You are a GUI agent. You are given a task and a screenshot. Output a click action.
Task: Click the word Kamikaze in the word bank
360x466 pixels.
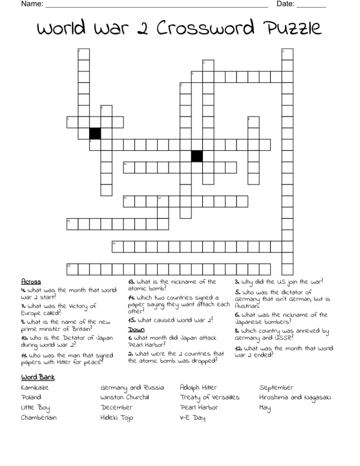coord(35,388)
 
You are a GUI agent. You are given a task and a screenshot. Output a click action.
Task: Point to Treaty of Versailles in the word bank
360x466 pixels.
coord(210,398)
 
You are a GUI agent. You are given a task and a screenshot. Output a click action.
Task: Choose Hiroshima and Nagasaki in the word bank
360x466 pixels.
coord(295,398)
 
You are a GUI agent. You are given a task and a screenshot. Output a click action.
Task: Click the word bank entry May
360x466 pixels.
coord(265,408)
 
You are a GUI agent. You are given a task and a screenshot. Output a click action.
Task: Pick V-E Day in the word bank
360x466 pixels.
coord(193,418)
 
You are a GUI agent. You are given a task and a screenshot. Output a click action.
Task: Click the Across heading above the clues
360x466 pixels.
coord(31,282)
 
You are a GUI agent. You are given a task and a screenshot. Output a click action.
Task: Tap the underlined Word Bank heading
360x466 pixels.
coord(38,377)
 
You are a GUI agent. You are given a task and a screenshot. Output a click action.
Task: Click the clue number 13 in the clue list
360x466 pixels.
coord(131,282)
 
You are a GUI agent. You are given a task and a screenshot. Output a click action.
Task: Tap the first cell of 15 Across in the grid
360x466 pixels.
coord(72,269)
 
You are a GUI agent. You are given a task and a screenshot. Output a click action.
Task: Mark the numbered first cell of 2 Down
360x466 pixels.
coord(287,54)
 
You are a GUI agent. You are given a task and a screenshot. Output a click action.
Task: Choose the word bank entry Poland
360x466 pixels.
coord(31,398)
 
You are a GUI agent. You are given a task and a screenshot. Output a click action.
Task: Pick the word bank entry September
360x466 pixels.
coord(277,388)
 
